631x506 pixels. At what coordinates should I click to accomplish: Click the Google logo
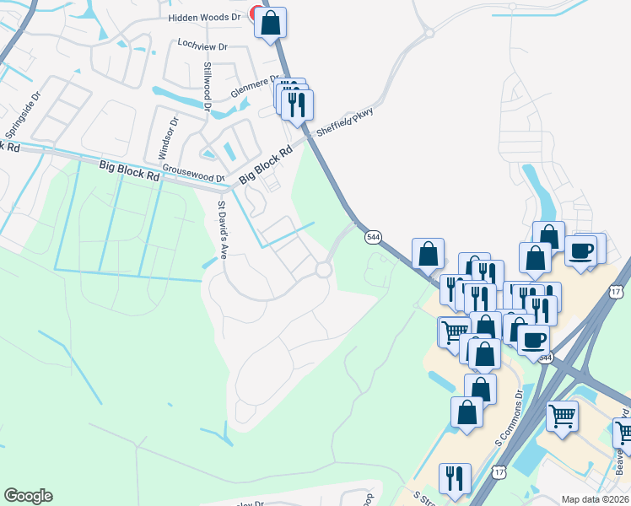click(28, 496)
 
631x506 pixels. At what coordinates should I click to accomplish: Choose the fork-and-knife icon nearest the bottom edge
click(455, 477)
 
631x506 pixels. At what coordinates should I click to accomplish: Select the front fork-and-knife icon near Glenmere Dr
click(296, 104)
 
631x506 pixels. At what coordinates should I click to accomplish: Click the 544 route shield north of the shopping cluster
click(373, 239)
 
